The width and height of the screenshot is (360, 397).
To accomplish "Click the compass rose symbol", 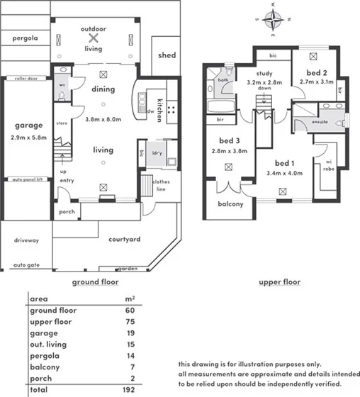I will coord(276,19).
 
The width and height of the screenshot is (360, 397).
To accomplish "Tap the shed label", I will coord(167,55).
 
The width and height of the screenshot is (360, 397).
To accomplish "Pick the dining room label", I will coord(103,89).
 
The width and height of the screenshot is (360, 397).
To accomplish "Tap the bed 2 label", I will coord(316,73).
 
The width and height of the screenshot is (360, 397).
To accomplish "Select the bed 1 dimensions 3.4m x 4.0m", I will coord(283,172).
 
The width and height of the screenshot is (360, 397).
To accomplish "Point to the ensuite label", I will coord(321,122).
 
